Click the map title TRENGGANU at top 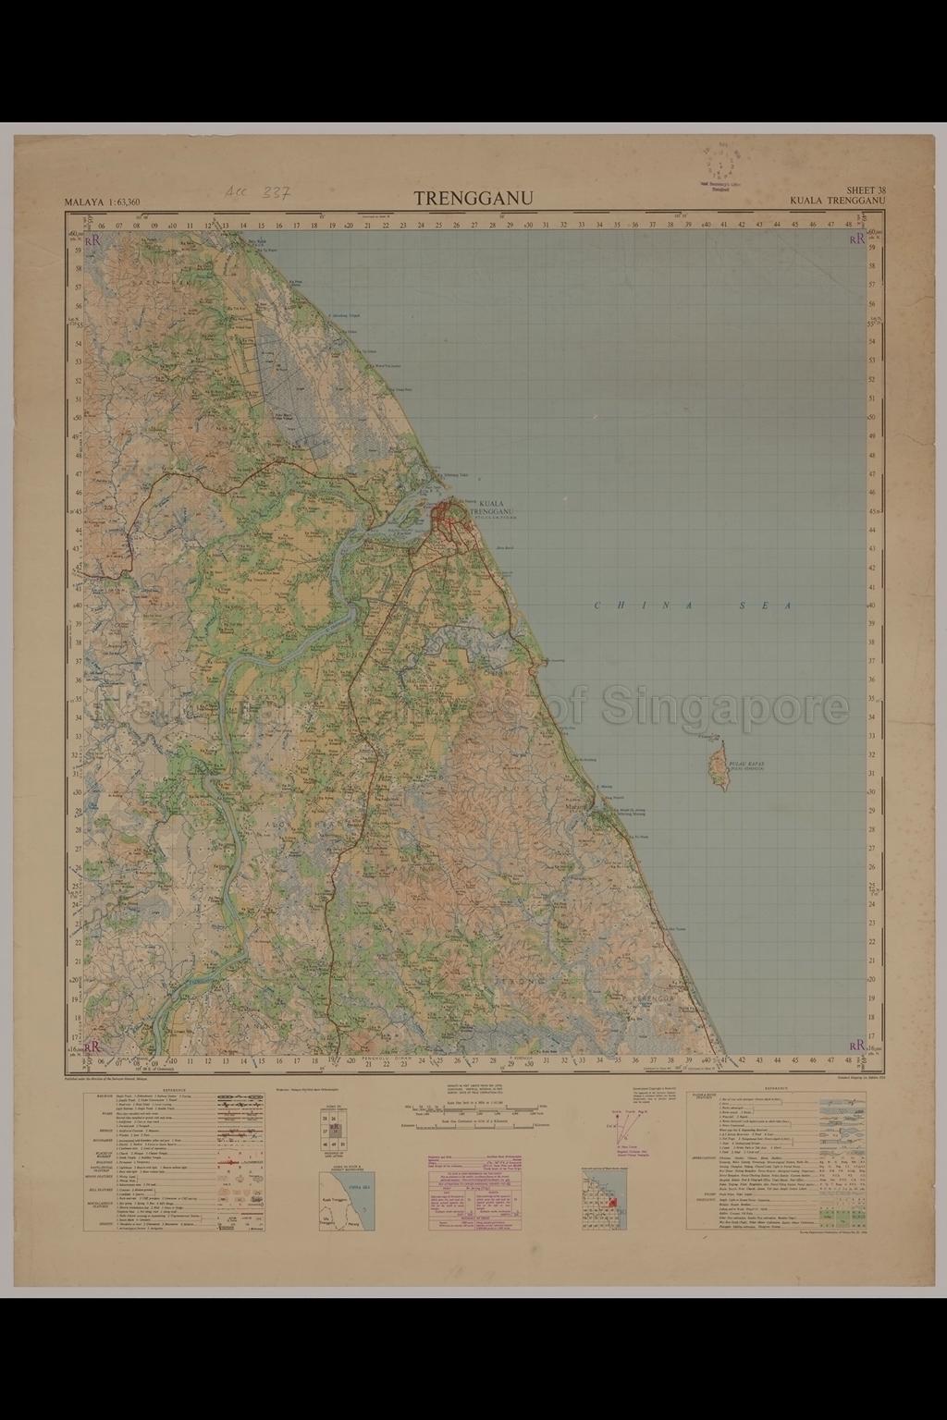pyautogui.click(x=473, y=199)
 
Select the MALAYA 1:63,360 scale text pyautogui.click(x=102, y=202)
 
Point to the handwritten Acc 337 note pyautogui.click(x=258, y=193)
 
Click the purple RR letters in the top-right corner pyautogui.click(x=857, y=239)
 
